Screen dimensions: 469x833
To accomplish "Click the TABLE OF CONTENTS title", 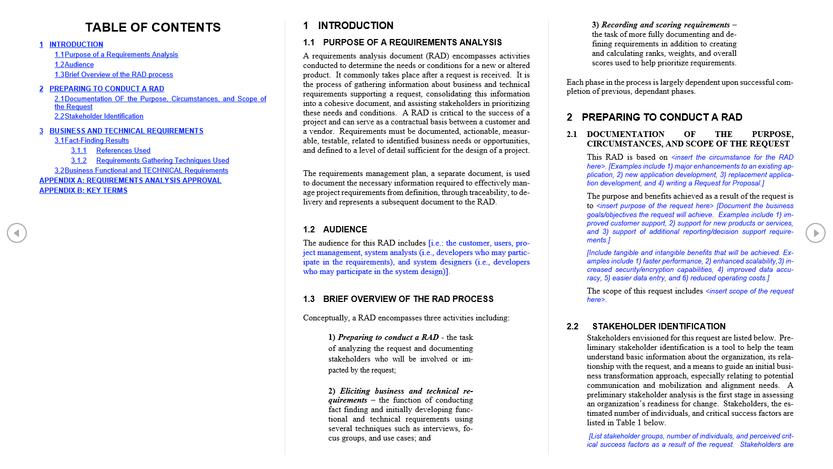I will tap(153, 27).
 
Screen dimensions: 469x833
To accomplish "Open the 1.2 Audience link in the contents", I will tap(74, 65).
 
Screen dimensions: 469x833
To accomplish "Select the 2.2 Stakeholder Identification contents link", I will tap(99, 116).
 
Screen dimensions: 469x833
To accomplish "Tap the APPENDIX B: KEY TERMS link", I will tap(83, 190).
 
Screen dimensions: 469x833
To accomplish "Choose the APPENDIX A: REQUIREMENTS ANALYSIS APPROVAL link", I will tap(130, 180).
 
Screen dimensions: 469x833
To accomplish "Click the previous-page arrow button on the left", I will tap(17, 233).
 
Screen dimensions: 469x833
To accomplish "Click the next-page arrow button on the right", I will tap(815, 233).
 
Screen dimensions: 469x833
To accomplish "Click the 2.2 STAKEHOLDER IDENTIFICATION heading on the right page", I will tap(658, 327).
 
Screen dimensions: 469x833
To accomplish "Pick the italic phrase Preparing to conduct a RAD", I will tap(388, 337).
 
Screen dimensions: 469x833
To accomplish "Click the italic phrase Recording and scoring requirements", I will tap(665, 25).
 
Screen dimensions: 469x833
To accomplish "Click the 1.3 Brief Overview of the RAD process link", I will tap(114, 75).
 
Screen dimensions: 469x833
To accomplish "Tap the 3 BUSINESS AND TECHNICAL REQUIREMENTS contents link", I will tap(126, 131).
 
